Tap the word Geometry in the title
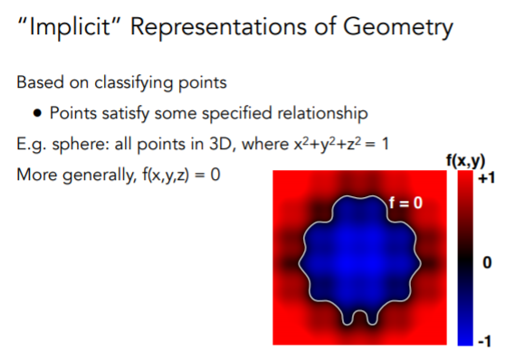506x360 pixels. [396, 29]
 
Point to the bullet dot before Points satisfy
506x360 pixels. [40, 114]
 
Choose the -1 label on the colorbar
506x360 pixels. [483, 340]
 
